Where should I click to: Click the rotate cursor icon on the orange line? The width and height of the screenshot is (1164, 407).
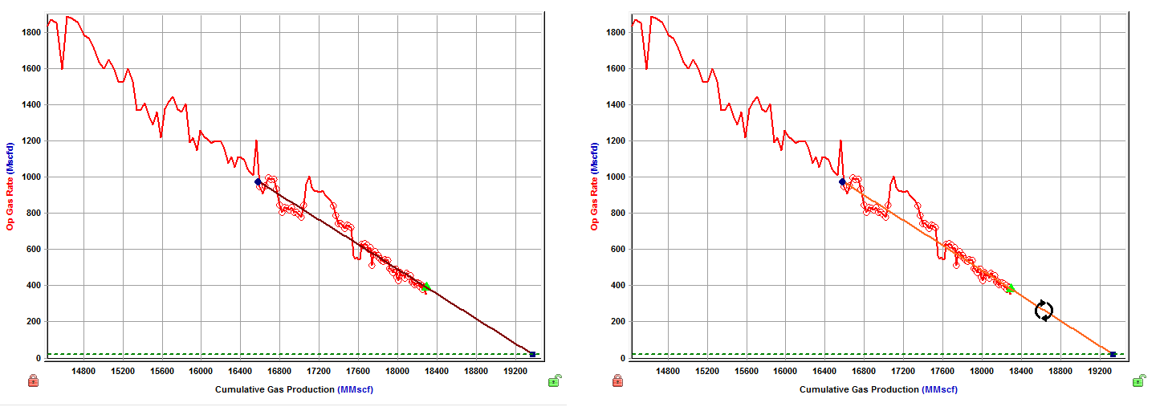[x=1044, y=311]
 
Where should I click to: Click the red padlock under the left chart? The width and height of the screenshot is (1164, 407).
[x=34, y=381]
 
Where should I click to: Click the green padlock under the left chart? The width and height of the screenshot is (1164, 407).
[x=555, y=381]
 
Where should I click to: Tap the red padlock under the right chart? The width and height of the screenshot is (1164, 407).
[x=617, y=381]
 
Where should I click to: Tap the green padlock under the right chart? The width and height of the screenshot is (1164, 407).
[x=1138, y=381]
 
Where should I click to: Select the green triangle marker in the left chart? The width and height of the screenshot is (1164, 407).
[x=426, y=286]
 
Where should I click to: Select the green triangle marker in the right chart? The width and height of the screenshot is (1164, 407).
[x=1011, y=287]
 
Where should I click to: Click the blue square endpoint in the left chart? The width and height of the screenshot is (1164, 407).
[x=532, y=354]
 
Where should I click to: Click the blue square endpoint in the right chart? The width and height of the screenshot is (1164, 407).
[x=1113, y=354]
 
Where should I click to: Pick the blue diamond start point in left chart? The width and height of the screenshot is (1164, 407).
[x=258, y=182]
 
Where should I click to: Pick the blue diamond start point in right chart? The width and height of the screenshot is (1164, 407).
[x=842, y=182]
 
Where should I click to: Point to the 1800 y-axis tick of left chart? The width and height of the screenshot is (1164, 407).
[x=31, y=33]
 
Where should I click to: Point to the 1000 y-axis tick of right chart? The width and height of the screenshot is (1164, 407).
[x=616, y=177]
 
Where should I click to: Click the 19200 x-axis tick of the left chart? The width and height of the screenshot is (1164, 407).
[x=516, y=372]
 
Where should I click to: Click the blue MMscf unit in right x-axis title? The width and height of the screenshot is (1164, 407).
[x=940, y=389]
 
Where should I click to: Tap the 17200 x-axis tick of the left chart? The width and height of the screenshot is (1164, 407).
[x=319, y=372]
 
